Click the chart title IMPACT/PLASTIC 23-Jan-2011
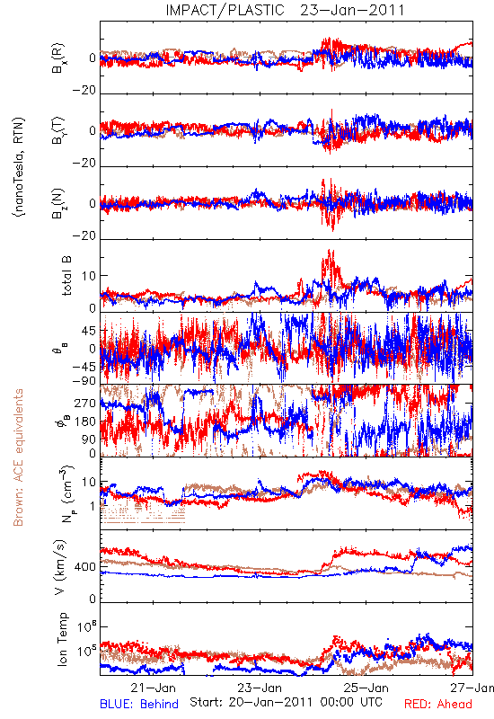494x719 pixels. tap(285, 10)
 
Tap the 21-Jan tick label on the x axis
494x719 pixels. tap(153, 688)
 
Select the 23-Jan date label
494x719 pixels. tap(260, 688)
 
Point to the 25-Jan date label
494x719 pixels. tap(366, 688)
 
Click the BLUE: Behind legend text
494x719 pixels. tap(139, 704)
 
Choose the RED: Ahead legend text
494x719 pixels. tap(438, 704)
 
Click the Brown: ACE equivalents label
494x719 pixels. tap(18, 457)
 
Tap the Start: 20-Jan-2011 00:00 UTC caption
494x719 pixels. tap(286, 702)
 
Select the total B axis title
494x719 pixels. tap(66, 276)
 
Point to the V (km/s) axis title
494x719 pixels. tap(60, 567)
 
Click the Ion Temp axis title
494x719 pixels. tap(62, 639)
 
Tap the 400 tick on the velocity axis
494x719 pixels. tap(85, 567)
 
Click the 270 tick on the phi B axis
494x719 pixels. tap(85, 403)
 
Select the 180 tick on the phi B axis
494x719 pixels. tap(85, 422)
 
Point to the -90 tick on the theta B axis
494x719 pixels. tap(84, 381)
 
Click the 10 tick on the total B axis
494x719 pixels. tap(89, 276)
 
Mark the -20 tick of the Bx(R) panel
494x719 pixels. tap(84, 91)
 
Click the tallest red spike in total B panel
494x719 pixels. tap(329, 251)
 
